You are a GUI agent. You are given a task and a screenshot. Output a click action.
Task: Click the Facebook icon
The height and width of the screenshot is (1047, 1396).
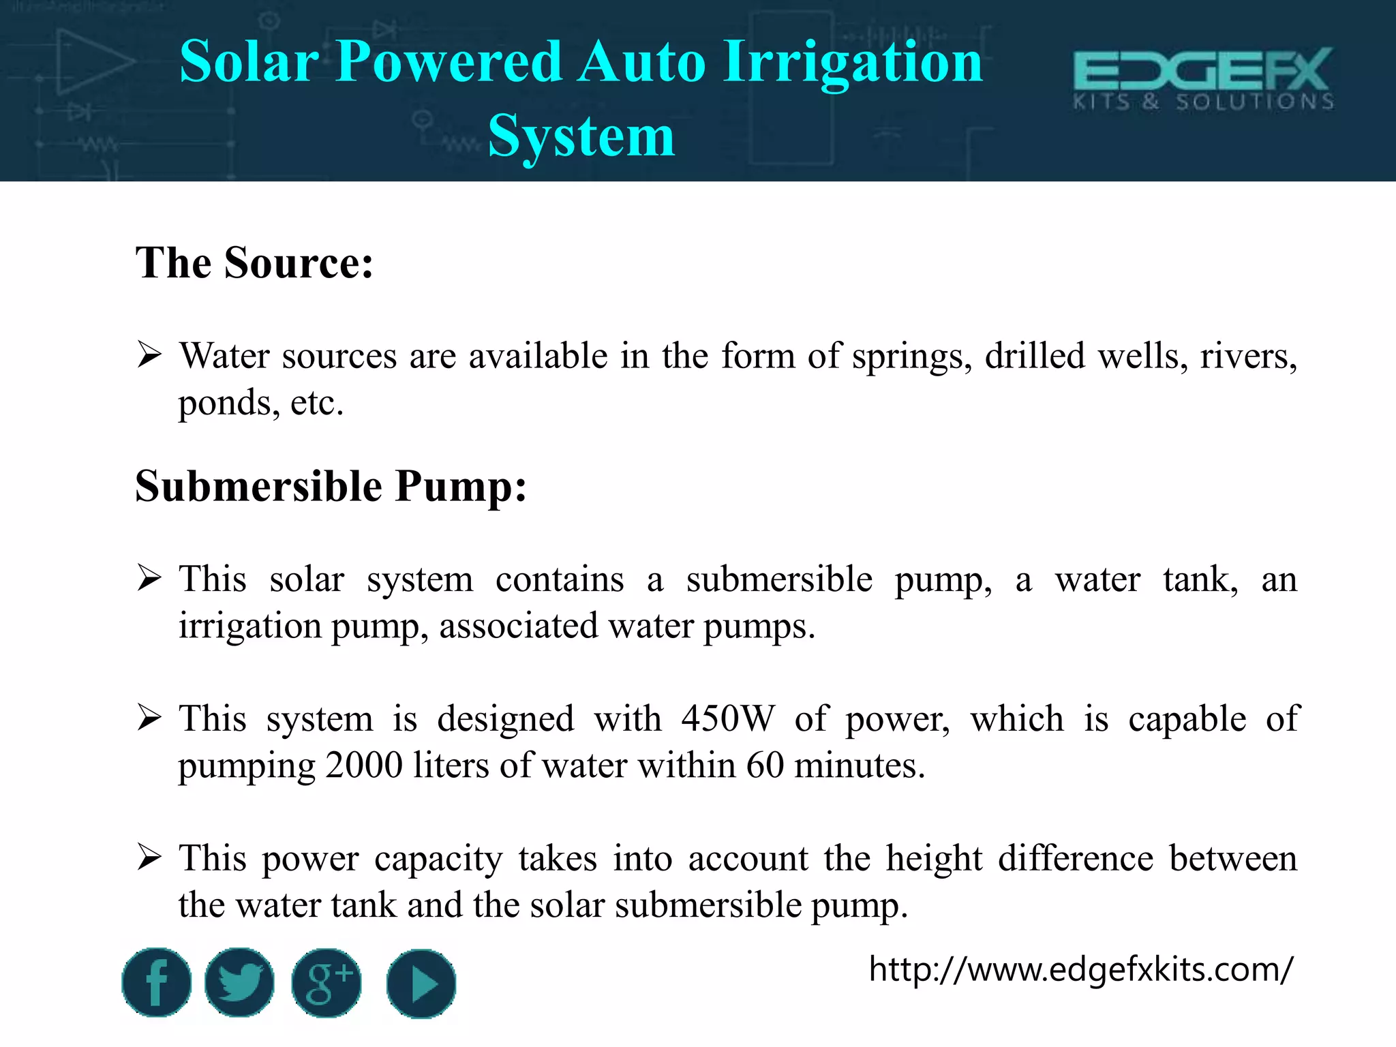156,982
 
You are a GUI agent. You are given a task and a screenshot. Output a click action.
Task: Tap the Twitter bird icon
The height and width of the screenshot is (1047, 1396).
239,982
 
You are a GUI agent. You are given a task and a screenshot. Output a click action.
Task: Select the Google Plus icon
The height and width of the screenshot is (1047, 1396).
327,983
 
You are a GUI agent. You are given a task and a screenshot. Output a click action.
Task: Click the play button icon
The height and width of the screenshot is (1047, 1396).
421,984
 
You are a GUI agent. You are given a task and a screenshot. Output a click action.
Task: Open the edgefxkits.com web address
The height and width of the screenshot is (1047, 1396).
1080,969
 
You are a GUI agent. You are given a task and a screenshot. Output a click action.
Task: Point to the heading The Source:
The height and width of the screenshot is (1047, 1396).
254,262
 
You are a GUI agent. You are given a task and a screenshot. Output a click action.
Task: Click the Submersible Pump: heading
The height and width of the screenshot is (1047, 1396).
331,487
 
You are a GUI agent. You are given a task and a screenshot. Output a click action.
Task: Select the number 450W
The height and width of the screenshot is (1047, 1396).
727,718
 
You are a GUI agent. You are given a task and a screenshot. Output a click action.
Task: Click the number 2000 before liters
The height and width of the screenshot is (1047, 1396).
364,765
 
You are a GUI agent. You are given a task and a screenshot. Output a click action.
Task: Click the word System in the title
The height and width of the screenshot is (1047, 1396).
581,136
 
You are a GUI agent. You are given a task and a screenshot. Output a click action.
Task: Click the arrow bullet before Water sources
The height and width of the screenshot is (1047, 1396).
149,355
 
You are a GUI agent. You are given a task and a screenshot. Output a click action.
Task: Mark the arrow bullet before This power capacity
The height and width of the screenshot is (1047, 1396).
149,857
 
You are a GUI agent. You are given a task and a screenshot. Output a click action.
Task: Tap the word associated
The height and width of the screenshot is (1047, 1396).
518,626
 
